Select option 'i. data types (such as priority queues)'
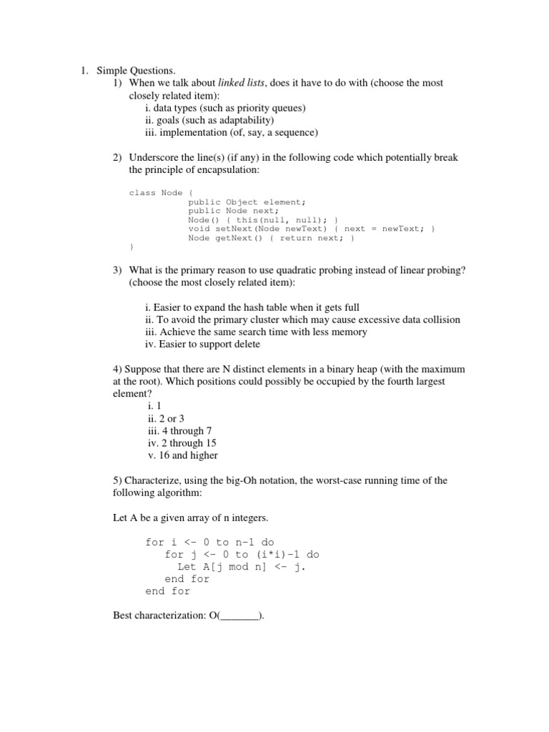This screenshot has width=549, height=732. pyautogui.click(x=224, y=108)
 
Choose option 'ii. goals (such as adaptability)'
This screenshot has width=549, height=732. pyautogui.click(x=209, y=120)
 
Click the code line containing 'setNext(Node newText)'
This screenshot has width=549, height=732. pyautogui.click(x=311, y=229)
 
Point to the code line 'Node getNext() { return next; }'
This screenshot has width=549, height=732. pyautogui.click(x=271, y=238)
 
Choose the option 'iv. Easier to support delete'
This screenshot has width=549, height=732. pyautogui.click(x=202, y=344)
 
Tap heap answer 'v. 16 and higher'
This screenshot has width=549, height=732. pyautogui.click(x=182, y=455)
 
